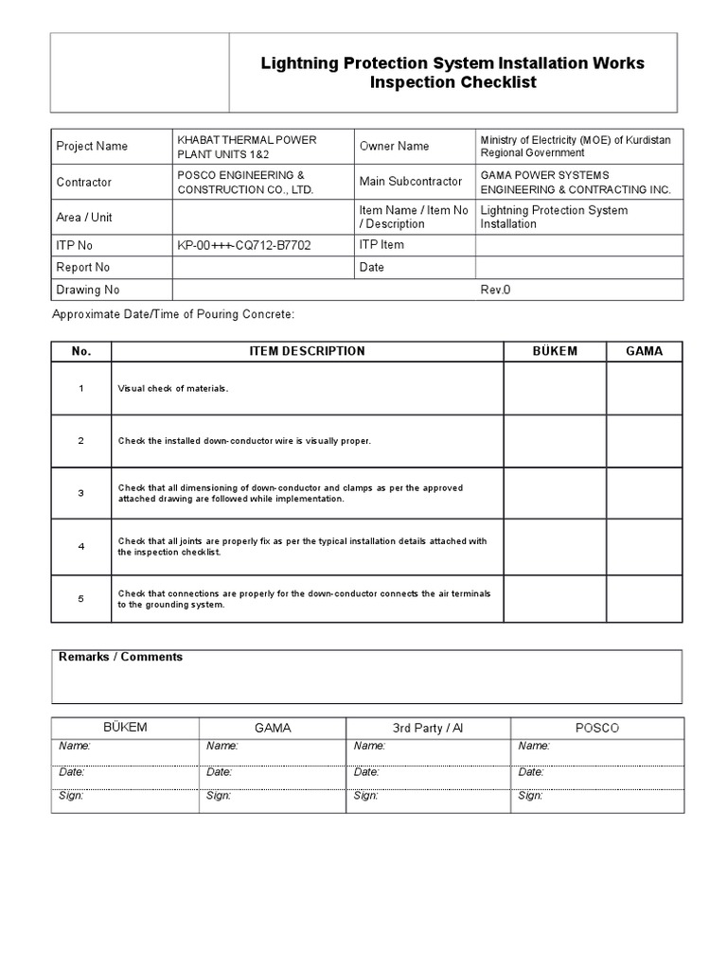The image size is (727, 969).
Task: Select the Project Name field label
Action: tap(92, 147)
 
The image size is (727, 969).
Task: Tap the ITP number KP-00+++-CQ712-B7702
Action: tap(243, 245)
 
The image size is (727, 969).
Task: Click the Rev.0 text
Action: tap(495, 290)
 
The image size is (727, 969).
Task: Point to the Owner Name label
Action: tap(394, 147)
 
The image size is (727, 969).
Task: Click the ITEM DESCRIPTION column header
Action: tap(307, 351)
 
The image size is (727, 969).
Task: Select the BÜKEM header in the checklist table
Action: tap(555, 351)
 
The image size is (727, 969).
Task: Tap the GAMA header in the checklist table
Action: tap(645, 351)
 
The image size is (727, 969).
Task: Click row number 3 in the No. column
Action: tap(81, 493)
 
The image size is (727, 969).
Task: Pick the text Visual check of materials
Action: tap(173, 389)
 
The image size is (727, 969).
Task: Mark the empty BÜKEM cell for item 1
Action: tap(555, 389)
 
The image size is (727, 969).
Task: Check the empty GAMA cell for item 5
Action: tap(645, 598)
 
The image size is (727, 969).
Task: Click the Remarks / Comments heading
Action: tap(121, 657)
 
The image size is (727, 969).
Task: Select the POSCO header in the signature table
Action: tap(597, 728)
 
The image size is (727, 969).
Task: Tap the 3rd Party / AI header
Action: tap(429, 728)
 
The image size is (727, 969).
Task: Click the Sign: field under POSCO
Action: tap(531, 796)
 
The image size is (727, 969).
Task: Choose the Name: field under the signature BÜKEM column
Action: tap(75, 746)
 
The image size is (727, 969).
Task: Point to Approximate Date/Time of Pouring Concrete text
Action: tap(173, 313)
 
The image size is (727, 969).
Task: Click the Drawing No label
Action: tap(88, 290)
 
